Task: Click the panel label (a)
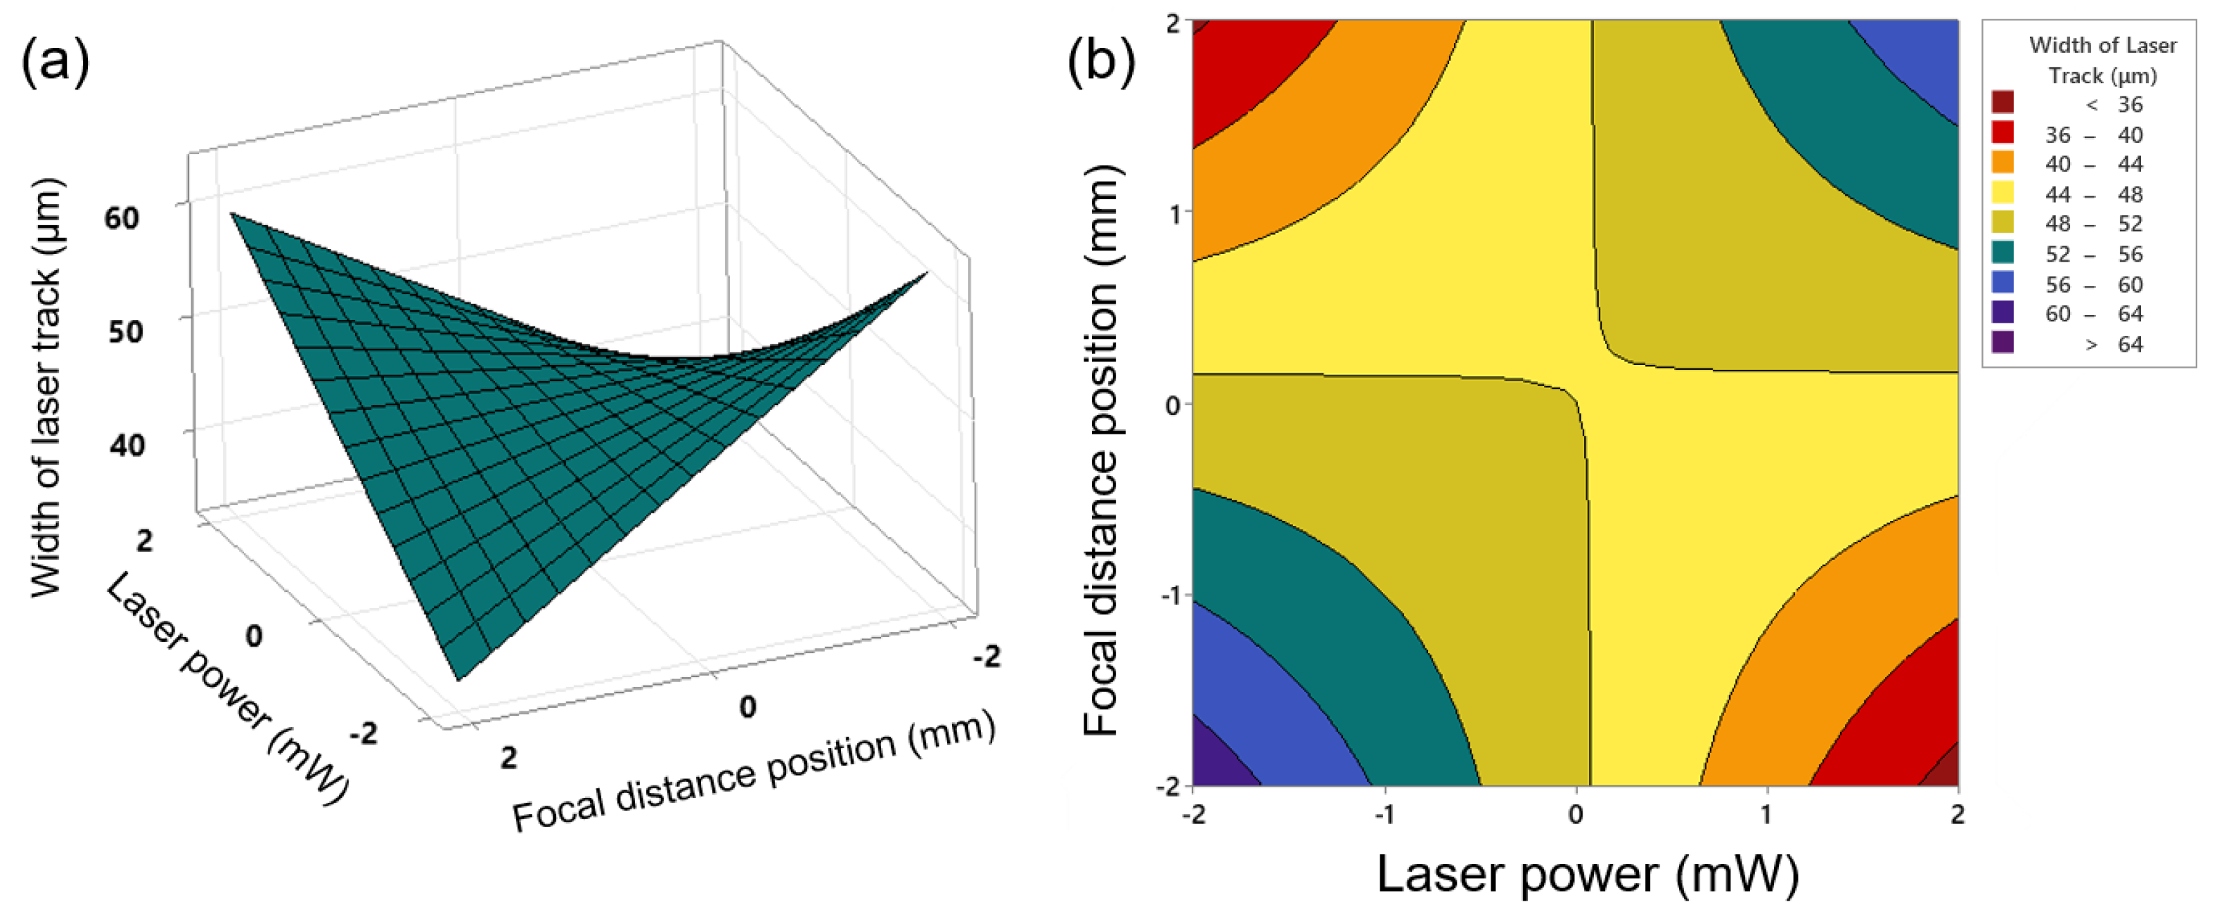(55, 62)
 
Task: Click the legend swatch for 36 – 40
(2002, 133)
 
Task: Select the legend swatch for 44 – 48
(2002, 192)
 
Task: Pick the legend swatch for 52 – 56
(2002, 253)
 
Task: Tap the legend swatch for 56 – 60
(2002, 283)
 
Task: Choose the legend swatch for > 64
(2002, 343)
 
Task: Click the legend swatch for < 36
(2002, 103)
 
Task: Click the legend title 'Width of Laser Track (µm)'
(2101, 60)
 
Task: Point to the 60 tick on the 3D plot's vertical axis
(121, 219)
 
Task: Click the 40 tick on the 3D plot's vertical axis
(126, 445)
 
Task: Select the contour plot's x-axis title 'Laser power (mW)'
(1588, 875)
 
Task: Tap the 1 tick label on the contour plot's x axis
(1767, 814)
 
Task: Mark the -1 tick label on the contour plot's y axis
(1169, 595)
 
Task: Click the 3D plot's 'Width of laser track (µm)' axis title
(46, 386)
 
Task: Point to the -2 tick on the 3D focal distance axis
(987, 658)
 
